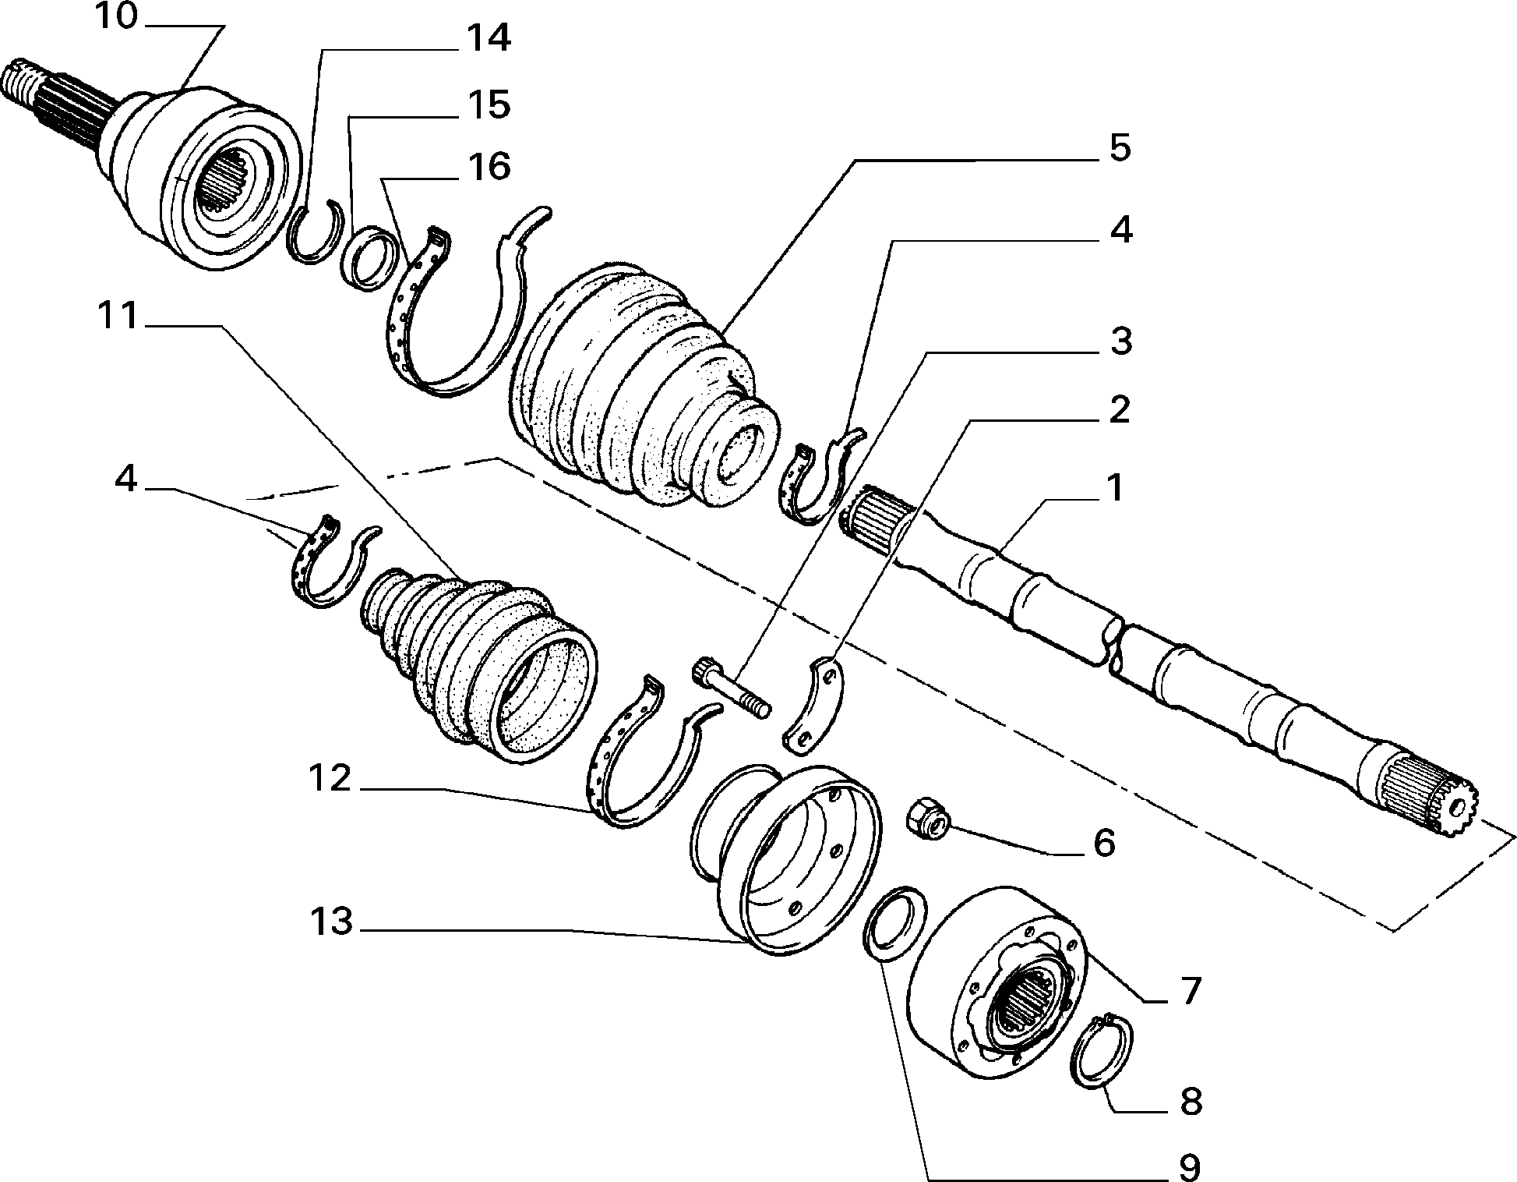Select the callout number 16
[x=489, y=167]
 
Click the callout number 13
[x=331, y=923]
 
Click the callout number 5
[x=1120, y=148]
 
